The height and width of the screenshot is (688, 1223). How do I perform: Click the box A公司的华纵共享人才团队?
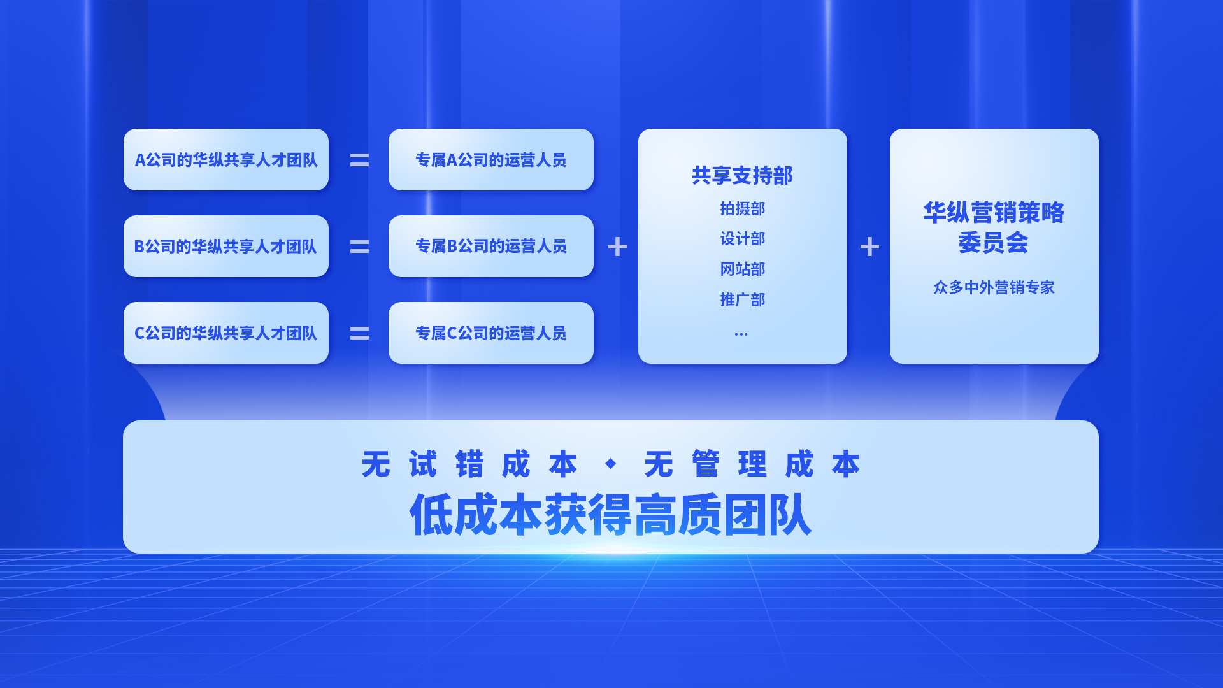[x=226, y=159]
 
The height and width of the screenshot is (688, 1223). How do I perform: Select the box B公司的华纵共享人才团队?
[x=226, y=246]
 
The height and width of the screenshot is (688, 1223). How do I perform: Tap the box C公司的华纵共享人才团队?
[x=226, y=333]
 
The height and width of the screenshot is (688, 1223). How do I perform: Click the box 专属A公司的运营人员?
[x=491, y=159]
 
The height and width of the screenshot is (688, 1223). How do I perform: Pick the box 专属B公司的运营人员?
[x=491, y=246]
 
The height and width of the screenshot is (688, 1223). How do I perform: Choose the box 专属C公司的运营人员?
[x=491, y=333]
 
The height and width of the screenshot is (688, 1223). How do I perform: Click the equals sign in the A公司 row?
[x=359, y=160]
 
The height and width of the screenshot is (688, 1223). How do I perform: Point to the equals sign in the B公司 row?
[x=359, y=247]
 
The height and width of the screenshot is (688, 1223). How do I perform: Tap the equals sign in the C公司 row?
[x=359, y=333]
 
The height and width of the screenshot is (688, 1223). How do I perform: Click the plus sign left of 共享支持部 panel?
[x=617, y=247]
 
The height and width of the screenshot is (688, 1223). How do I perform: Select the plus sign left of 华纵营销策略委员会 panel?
[x=869, y=247]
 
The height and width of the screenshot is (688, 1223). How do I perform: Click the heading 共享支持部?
[x=742, y=175]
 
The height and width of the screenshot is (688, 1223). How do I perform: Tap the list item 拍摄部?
[x=743, y=208]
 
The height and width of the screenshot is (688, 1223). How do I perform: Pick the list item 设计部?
[x=743, y=239]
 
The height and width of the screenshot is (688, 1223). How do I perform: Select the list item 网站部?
[x=743, y=269]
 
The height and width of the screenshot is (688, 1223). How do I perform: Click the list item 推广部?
[x=743, y=299]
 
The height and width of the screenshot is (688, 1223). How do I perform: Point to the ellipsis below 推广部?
[x=741, y=334]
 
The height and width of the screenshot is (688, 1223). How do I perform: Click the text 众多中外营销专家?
[x=994, y=287]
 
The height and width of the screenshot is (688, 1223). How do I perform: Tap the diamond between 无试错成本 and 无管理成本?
[x=610, y=464]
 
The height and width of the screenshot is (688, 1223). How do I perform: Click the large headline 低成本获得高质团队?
[x=611, y=515]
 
